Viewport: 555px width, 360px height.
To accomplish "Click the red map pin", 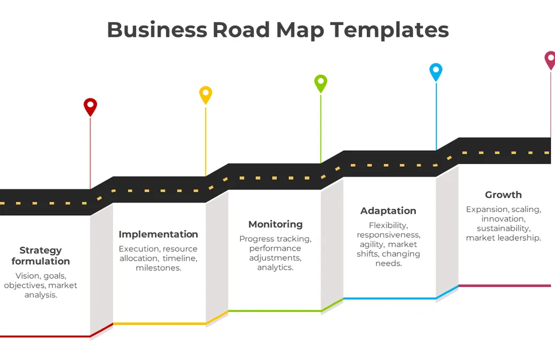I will coord(90,106).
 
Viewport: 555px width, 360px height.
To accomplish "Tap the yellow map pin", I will coord(206,94).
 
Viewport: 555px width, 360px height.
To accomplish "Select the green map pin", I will coord(320,83).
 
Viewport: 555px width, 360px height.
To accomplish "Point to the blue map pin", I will coord(436,72).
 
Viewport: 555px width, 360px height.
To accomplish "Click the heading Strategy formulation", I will coord(41,255).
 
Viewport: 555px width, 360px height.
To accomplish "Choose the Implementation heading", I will coord(158,234).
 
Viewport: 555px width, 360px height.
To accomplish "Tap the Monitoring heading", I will coord(275,224).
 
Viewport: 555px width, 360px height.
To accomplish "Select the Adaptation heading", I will coord(388,211).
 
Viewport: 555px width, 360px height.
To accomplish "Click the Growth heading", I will coord(503,194).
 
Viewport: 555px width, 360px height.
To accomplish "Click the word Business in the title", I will coord(157,29).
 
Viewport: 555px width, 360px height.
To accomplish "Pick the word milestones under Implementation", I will coord(159,268).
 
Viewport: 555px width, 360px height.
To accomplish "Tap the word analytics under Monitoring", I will coord(275,267).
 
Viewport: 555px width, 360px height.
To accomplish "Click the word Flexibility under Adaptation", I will coord(388,225).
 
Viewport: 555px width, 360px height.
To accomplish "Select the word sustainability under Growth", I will coord(503,228).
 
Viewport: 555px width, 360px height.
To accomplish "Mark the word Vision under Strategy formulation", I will coord(27,276).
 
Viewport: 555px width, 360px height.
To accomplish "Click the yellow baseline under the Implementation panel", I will coord(159,324).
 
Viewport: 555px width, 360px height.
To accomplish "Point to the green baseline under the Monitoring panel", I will coord(275,311).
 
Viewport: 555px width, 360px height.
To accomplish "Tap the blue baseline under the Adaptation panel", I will coord(389,298).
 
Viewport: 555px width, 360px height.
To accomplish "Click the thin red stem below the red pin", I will coord(90,153).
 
